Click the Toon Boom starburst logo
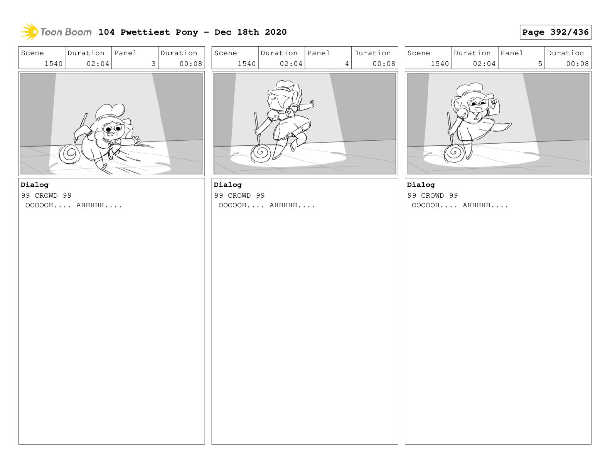coord(29,32)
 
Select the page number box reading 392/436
coord(555,32)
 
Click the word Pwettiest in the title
coord(145,32)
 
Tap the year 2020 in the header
coord(275,32)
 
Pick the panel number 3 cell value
coord(153,64)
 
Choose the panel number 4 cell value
coord(347,64)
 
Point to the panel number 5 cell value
coord(540,64)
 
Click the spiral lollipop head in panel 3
coord(69,154)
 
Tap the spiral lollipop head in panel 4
coord(261,153)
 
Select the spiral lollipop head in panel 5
coord(453,153)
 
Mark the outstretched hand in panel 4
coord(311,104)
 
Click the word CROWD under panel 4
coord(239,195)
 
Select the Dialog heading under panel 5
coord(421,185)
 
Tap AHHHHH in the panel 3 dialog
coord(90,205)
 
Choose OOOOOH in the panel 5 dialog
coord(425,205)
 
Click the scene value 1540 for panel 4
coord(246,64)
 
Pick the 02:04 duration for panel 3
coord(98,64)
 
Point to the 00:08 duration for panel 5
coord(577,64)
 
